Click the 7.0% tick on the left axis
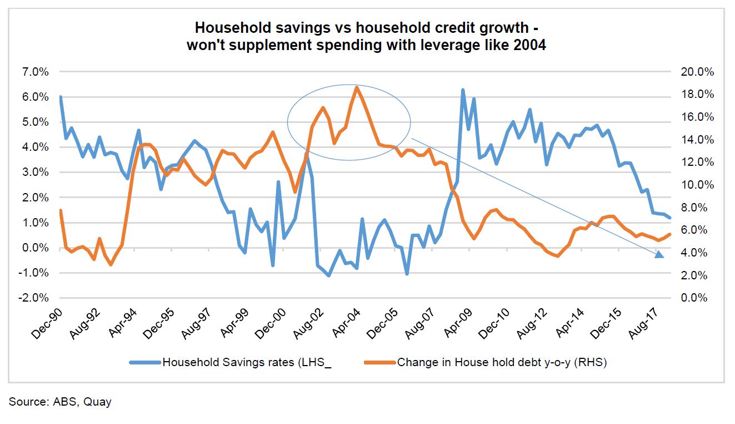36,72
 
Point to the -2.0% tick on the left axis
35,298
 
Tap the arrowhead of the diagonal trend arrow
659,255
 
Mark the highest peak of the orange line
356,87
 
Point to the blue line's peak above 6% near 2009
462,90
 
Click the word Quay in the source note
98,402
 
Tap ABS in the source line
67,402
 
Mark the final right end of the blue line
670,218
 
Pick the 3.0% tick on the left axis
36,172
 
